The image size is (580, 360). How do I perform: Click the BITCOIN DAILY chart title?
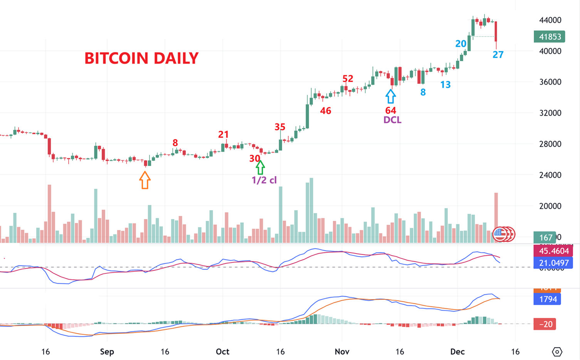141,58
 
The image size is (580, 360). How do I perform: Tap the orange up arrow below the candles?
145,180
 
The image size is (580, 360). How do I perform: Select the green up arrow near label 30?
261,167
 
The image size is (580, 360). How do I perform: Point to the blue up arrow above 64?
391,96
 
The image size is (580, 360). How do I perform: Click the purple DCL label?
392,120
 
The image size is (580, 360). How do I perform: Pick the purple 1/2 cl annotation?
264,180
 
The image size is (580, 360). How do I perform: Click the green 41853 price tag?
550,37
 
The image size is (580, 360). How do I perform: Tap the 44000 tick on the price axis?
550,20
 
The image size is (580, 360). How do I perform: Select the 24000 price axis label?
550,175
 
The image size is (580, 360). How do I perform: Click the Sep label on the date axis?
107,352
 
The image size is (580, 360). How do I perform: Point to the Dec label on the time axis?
457,352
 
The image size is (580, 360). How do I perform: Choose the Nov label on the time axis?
342,352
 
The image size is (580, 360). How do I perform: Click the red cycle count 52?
348,79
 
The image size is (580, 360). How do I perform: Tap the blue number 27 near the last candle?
498,55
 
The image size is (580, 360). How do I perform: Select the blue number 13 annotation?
446,85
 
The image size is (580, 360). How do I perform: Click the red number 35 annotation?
280,127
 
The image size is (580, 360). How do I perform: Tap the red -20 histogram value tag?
545,324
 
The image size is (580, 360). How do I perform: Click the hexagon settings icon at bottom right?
557,352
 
